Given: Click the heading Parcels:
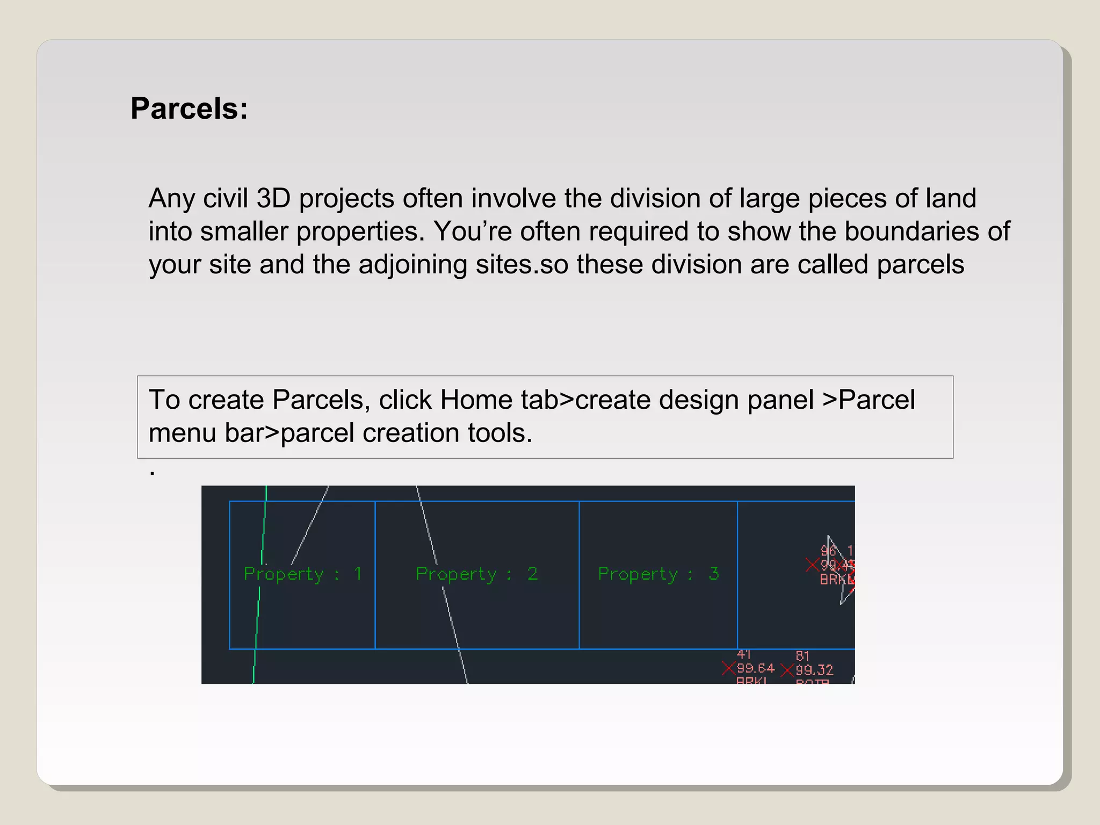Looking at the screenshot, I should click(189, 108).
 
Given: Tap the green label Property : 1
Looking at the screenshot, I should click(303, 574).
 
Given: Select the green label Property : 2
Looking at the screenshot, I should click(476, 574).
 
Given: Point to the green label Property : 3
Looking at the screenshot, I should click(658, 574).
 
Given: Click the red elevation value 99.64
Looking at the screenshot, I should click(755, 668).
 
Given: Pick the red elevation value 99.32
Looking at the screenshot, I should click(814, 670).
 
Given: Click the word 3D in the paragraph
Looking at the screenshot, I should click(273, 198).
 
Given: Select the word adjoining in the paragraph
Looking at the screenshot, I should click(412, 265).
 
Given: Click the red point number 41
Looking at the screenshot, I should click(744, 654).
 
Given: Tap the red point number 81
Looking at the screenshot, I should click(802, 656).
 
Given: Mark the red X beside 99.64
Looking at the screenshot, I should click(729, 668).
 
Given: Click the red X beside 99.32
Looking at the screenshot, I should click(787, 670).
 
